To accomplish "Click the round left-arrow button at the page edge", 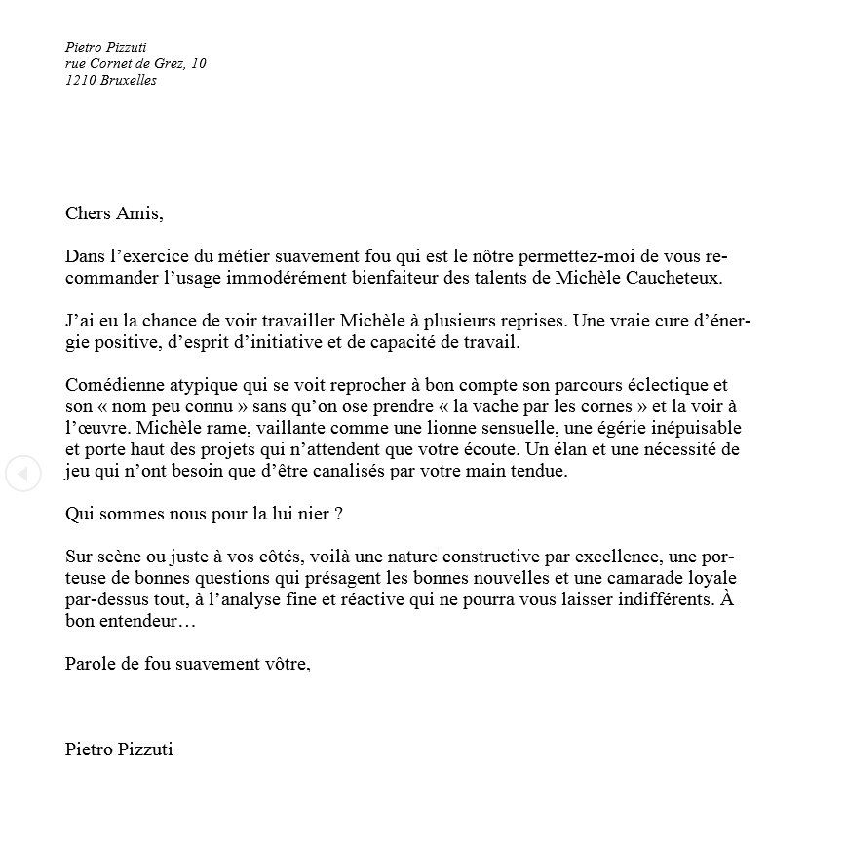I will (x=22, y=474).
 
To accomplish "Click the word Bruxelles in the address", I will (x=128, y=81).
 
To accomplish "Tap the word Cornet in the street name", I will (x=116, y=63).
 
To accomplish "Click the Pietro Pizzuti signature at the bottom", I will (x=119, y=749).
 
